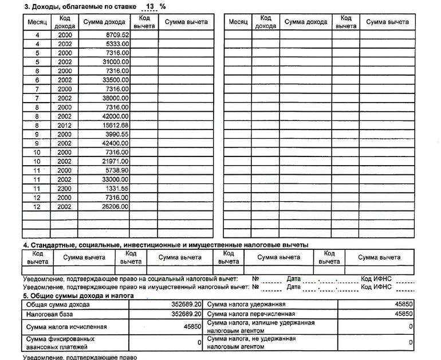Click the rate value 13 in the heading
150,6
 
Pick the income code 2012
65,125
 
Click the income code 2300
65,189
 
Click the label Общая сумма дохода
58,304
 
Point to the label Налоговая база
49,315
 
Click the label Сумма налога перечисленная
251,314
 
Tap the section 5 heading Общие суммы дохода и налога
78,295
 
